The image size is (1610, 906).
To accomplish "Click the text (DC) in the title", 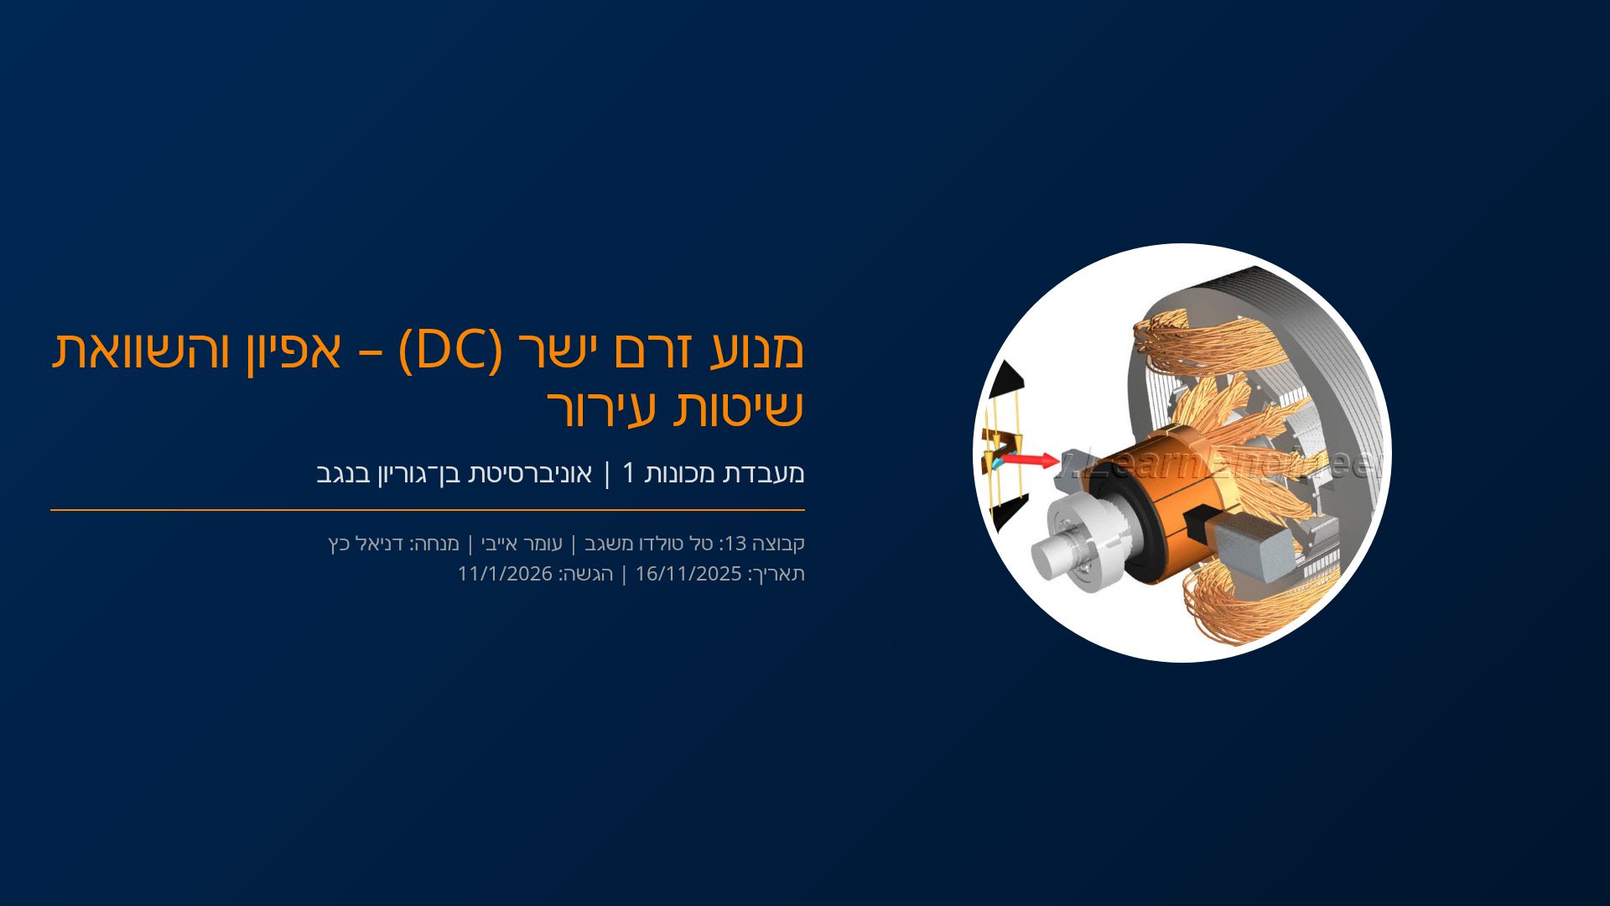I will point(450,351).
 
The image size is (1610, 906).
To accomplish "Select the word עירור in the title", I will point(587,409).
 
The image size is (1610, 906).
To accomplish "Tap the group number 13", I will point(735,544).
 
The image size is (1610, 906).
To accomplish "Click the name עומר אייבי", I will point(521,544).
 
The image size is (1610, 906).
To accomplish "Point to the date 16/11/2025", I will point(688,574).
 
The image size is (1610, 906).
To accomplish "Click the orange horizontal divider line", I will point(428,509).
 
